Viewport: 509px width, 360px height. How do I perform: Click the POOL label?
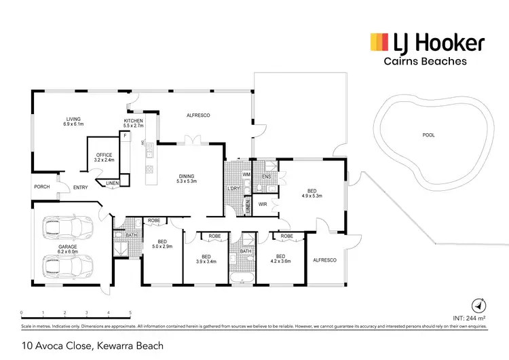(x=428, y=135)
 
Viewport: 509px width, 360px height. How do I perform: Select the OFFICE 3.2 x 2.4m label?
(x=104, y=158)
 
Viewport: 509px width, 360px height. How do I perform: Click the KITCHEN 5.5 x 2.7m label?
(x=133, y=123)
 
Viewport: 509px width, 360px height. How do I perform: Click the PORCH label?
(x=41, y=187)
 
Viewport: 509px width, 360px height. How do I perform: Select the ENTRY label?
(x=81, y=188)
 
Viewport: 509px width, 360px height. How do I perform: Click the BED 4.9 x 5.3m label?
(x=311, y=194)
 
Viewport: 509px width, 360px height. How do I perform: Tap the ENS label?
(x=266, y=176)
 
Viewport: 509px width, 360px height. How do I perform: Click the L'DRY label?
(x=234, y=188)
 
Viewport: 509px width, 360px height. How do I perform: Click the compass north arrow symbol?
(x=478, y=305)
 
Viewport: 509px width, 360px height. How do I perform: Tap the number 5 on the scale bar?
(x=130, y=313)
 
